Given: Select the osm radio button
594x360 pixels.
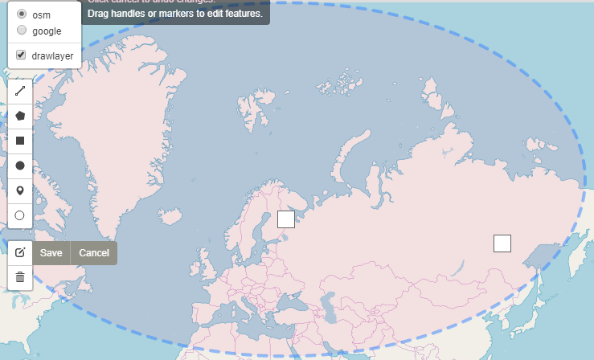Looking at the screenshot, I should tap(22, 14).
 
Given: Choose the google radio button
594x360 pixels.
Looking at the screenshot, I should tap(22, 31).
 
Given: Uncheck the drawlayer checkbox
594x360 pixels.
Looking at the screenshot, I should tap(22, 55).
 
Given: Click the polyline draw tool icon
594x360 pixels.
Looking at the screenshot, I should tap(20, 91).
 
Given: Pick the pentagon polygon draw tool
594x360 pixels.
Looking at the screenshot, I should tap(20, 116).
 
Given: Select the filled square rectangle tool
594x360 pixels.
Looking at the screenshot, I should tap(20, 141).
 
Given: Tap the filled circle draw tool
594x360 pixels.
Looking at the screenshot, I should tap(20, 166).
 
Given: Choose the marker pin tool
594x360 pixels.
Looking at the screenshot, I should tap(20, 190).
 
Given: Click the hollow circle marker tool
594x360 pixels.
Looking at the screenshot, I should tap(20, 215).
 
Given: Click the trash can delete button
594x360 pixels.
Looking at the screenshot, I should tap(20, 277).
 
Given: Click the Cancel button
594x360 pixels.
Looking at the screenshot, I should tap(94, 253).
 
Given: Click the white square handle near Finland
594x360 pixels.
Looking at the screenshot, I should tap(286, 219).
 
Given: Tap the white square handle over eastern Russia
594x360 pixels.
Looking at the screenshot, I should tap(502, 243).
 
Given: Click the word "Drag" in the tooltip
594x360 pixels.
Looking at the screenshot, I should tap(100, 14).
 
